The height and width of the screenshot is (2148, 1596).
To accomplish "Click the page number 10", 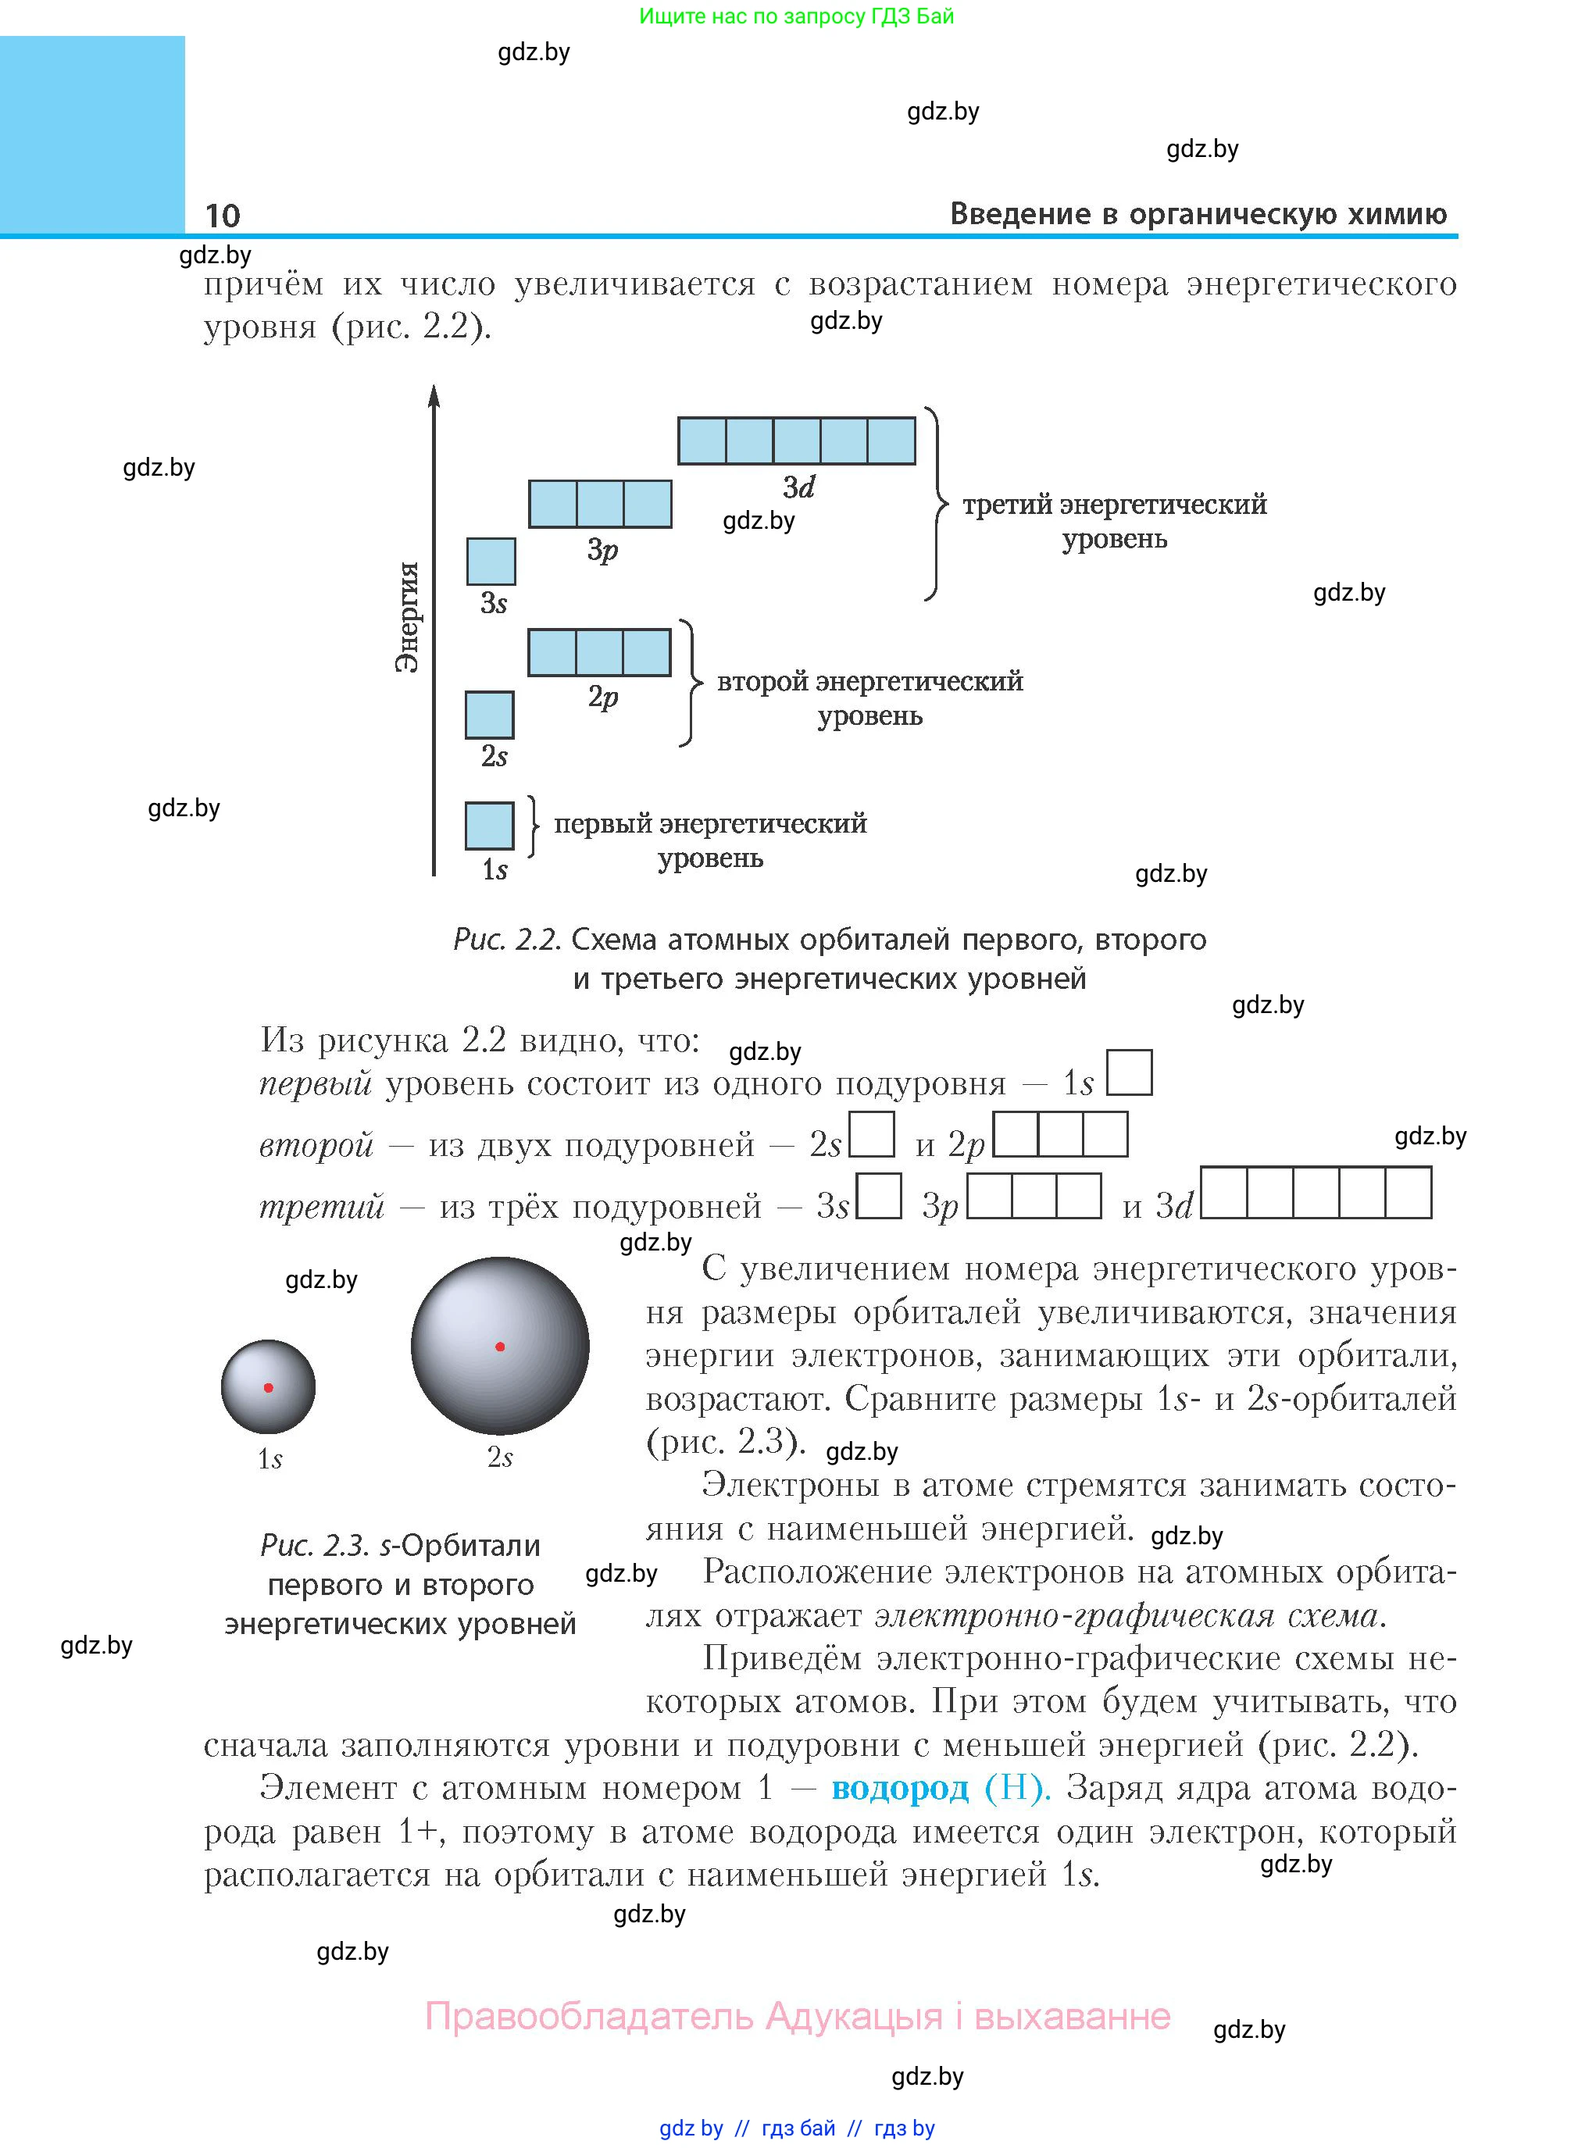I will [x=222, y=215].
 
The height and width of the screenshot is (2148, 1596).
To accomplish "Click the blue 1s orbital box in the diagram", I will [x=489, y=826].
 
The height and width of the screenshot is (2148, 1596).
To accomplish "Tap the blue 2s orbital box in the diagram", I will [x=489, y=715].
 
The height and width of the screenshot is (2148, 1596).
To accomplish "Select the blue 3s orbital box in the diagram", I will [x=491, y=561].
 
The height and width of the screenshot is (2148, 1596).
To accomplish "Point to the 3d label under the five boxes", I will [x=798, y=487].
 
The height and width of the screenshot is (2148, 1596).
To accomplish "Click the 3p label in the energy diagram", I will [x=602, y=550].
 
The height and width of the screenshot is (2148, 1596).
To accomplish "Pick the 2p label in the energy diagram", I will [x=603, y=697].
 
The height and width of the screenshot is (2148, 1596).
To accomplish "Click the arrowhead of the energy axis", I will [x=434, y=396].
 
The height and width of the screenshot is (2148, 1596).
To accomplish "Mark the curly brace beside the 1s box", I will [x=534, y=826].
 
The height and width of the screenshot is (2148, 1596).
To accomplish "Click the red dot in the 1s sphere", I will [x=269, y=1388].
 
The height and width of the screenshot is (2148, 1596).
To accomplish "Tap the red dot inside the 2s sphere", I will [x=499, y=1347].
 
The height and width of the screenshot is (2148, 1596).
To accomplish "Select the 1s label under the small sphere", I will [x=270, y=1458].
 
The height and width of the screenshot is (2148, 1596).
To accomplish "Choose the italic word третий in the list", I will [x=322, y=1206].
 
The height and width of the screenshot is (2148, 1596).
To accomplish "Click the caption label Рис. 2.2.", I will [x=506, y=939].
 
